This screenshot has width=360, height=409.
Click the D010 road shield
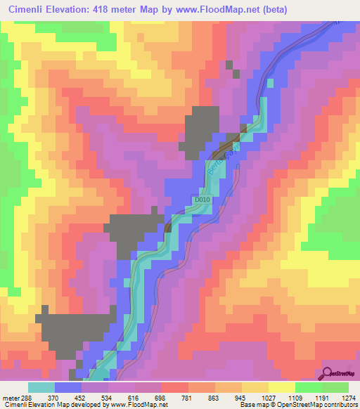(x=202, y=200)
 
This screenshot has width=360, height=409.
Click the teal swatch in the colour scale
(x=41, y=387)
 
